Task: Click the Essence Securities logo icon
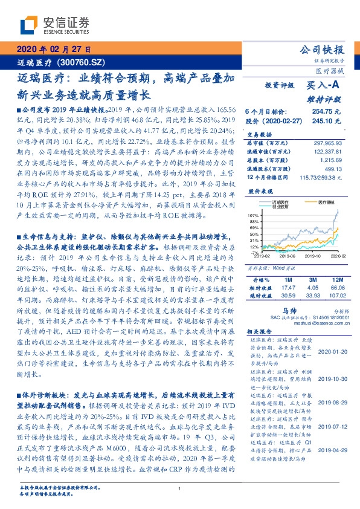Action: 27,24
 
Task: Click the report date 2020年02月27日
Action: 53,49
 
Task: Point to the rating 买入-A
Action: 324,86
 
